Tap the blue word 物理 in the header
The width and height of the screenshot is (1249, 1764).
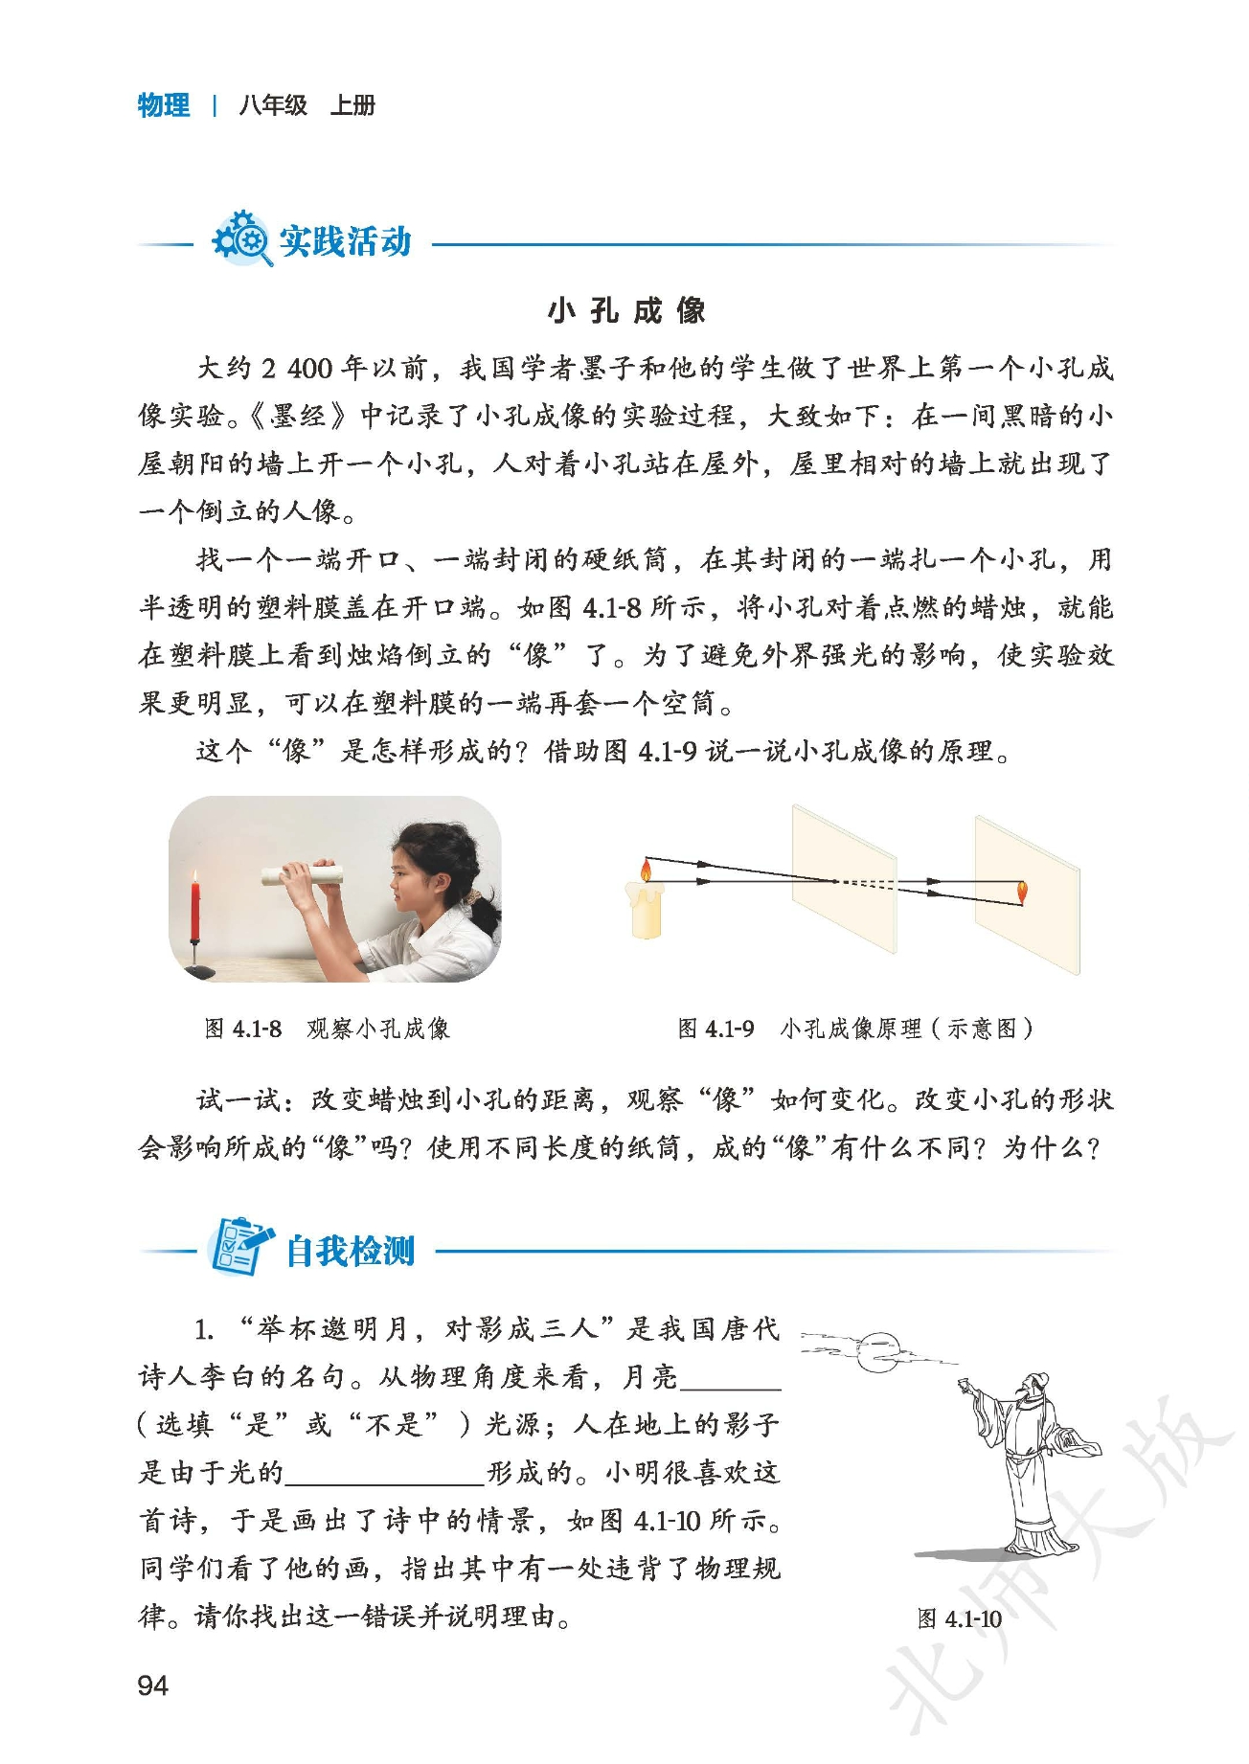coord(164,104)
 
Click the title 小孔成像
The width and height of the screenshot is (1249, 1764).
coord(626,310)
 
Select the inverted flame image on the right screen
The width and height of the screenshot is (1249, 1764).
coord(1021,892)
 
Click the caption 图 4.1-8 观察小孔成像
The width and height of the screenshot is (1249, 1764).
coord(328,1029)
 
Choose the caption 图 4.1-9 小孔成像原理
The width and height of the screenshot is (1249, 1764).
coord(856,1029)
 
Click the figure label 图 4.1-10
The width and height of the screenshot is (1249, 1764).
coord(960,1618)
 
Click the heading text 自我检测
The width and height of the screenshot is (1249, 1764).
coord(351,1251)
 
